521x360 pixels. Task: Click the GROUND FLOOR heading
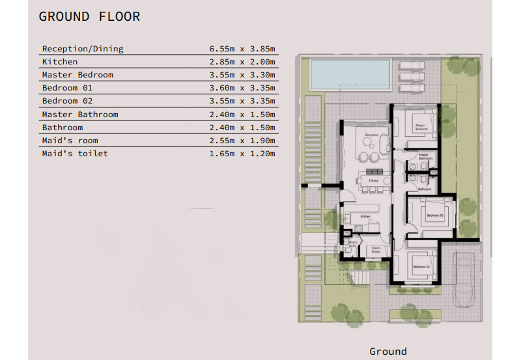pos(89,16)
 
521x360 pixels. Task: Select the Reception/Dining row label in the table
pos(83,49)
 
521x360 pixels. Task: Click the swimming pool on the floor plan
pos(350,73)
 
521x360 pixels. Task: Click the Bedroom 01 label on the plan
pos(435,215)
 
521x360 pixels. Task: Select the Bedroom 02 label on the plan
pos(421,268)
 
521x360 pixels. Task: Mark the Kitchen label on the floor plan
pos(365,216)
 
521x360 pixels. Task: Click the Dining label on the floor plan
pos(373,180)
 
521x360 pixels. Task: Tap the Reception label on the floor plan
pos(371,135)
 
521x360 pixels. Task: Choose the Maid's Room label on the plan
pos(376,249)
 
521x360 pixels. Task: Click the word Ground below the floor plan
pos(388,351)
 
